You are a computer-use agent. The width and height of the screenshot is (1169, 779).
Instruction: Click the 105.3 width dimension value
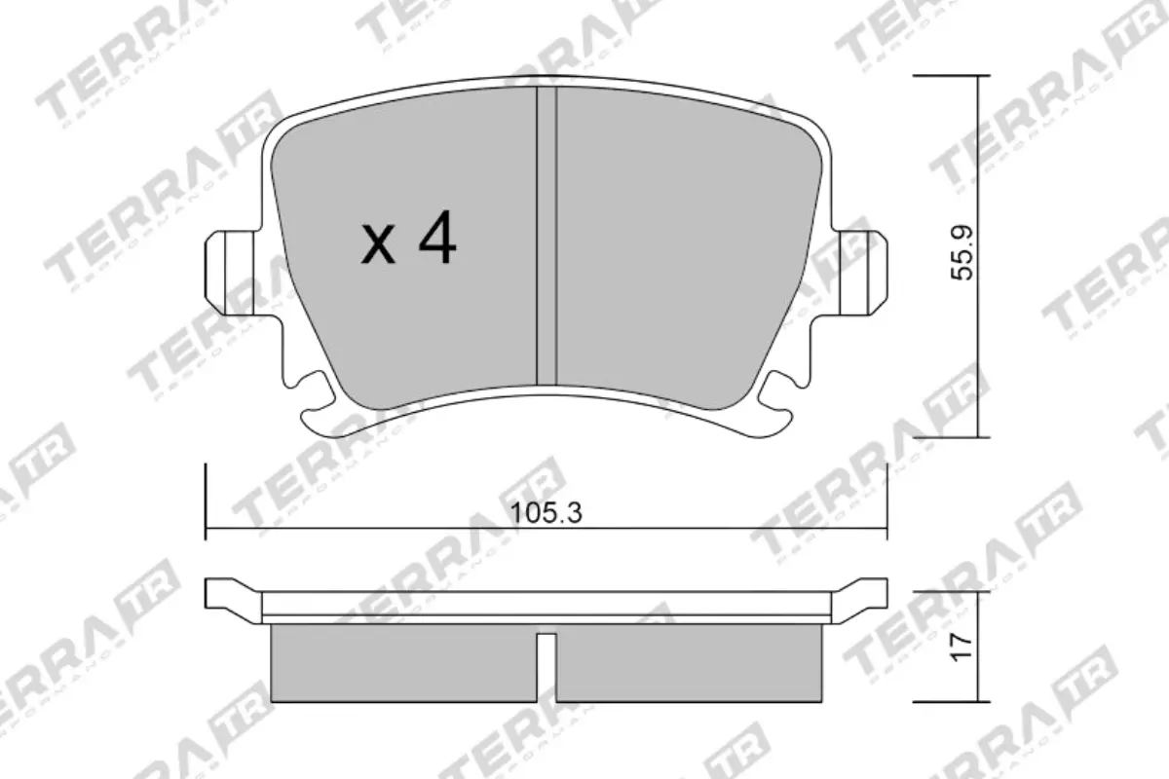(546, 513)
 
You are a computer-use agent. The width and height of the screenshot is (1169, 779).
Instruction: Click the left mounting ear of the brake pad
(229, 272)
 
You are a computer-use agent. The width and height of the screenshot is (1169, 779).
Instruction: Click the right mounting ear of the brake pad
(863, 272)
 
